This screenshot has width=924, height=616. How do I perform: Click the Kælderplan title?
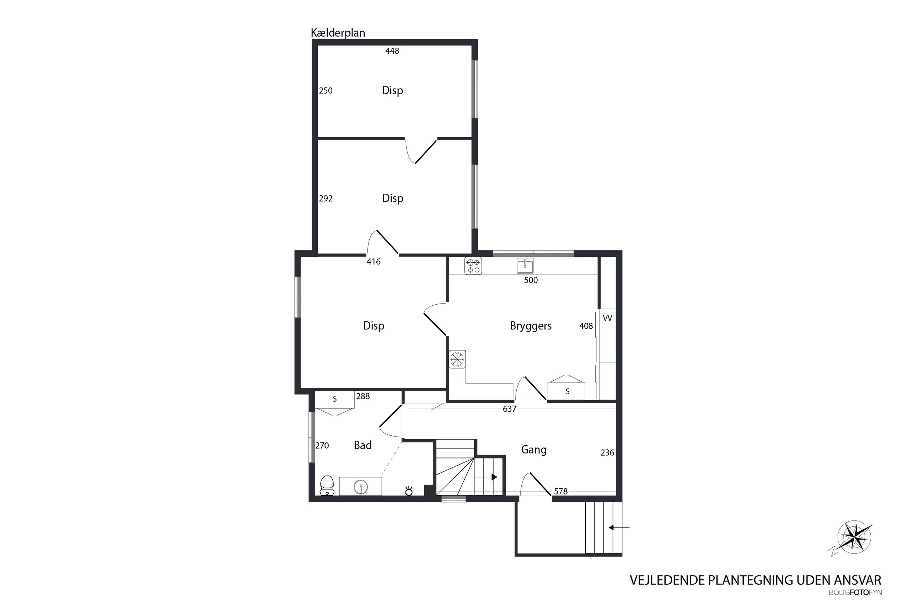338,33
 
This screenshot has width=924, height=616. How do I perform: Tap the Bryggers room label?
531,326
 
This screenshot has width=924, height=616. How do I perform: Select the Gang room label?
534,450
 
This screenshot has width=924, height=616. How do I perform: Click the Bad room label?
362,445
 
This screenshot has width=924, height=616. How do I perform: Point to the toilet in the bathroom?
327,486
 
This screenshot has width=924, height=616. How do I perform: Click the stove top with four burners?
473,266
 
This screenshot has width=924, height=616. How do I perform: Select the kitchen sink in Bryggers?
525,266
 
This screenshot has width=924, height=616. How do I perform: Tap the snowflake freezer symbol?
457,359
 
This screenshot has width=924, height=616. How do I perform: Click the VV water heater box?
607,318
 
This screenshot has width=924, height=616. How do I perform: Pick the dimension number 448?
392,51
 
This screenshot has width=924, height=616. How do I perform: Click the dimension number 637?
509,409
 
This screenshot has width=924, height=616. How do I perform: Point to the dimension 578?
561,491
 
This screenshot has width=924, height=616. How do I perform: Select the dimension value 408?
586,326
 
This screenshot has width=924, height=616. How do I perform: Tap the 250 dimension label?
326,91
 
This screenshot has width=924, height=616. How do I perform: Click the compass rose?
854,538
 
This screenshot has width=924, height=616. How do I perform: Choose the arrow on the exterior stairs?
619,527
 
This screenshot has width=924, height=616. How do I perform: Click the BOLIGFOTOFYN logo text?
855,593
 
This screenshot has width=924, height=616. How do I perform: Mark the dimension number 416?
374,262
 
